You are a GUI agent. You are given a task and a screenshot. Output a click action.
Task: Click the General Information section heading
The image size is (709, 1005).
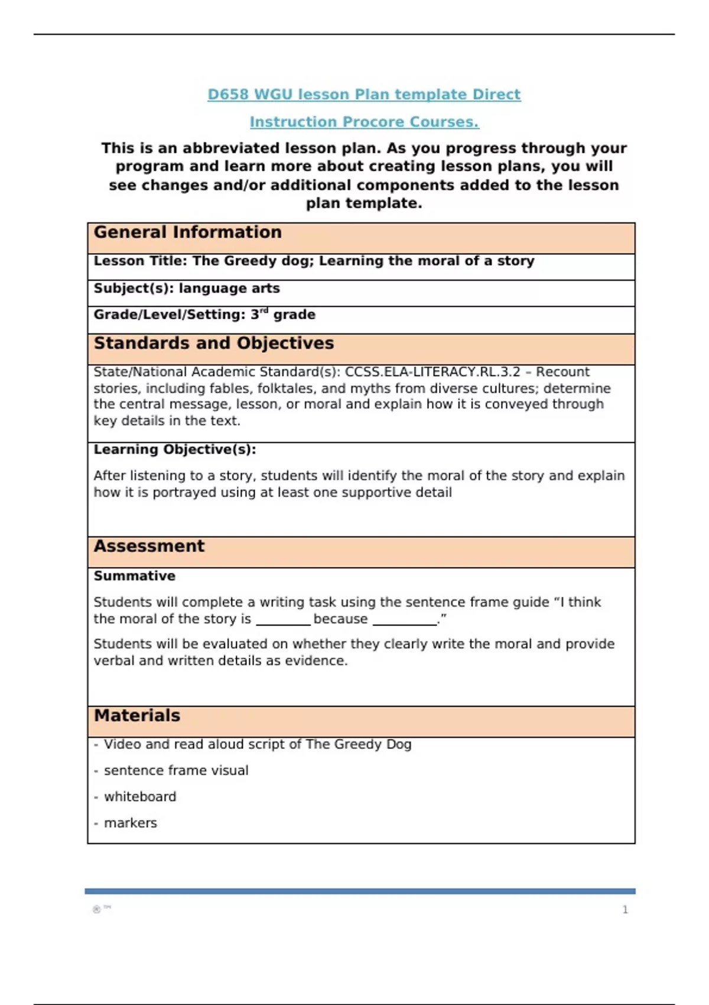(187, 232)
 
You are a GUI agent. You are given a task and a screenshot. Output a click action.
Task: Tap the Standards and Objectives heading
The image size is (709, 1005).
(213, 343)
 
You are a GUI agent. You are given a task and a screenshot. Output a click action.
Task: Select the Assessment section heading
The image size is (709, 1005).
(149, 546)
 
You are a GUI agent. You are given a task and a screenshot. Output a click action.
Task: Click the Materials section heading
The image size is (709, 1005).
(137, 716)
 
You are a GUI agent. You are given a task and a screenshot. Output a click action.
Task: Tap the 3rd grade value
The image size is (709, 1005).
(282, 315)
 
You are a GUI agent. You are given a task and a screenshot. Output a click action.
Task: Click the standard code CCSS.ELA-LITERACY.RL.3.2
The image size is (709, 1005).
(432, 372)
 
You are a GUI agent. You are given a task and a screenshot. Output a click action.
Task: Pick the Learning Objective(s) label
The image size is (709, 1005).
(175, 449)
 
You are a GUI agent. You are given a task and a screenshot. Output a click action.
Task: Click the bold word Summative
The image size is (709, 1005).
(135, 576)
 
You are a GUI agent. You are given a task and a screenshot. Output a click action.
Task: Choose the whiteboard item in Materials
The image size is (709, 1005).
(140, 797)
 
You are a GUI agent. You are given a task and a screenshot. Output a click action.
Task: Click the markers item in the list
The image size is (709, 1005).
(130, 823)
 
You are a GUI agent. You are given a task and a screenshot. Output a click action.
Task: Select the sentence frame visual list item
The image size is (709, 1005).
(176, 771)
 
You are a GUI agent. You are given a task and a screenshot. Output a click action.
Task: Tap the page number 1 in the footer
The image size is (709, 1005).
(625, 910)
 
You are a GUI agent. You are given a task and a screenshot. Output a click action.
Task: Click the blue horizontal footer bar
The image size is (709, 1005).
(360, 891)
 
